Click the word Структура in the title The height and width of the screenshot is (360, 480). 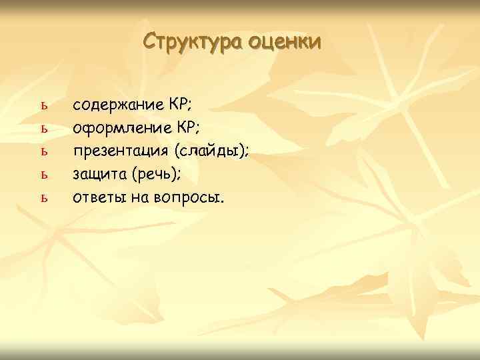[x=193, y=41]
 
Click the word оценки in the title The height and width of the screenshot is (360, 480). [x=285, y=41]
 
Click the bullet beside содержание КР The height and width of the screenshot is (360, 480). [x=45, y=107]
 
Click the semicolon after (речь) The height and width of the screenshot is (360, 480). [x=180, y=177]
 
